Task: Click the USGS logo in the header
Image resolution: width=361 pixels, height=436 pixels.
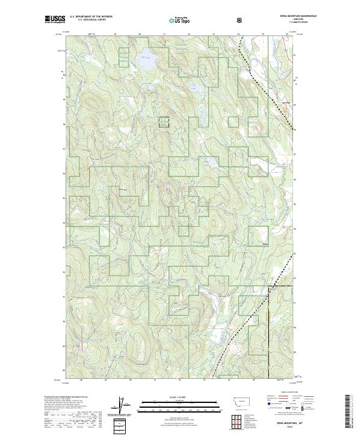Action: (55, 19)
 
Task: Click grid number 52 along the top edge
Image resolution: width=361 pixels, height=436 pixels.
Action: (189, 34)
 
